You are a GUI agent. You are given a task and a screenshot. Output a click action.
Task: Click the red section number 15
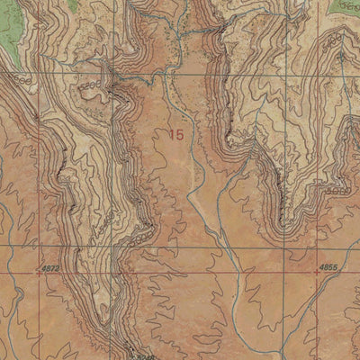(178, 134)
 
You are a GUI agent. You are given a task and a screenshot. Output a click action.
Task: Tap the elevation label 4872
(50, 268)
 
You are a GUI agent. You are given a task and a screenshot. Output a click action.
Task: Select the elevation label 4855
(328, 268)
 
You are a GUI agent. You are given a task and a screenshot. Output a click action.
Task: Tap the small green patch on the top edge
(193, 4)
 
